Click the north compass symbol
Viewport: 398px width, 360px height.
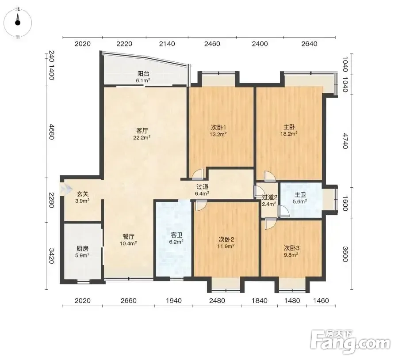coord(18,23)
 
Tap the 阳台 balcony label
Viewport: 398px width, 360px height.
coord(143,73)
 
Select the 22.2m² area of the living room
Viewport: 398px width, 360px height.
coord(142,137)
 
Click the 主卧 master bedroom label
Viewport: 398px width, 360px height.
coord(289,127)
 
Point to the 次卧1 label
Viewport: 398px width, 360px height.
coord(218,127)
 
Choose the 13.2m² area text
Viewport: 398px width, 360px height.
coord(218,134)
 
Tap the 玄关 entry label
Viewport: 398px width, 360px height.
coord(83,194)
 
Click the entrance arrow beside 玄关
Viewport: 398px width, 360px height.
coord(66,189)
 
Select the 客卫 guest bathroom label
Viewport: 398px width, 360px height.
coord(176,235)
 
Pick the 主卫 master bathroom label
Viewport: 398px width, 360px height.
coord(300,195)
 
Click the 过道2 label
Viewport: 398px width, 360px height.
coord(269,197)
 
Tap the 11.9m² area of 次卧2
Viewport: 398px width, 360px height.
coord(226,246)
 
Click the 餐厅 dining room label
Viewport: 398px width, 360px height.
coord(128,236)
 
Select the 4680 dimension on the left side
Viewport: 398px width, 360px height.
coord(52,132)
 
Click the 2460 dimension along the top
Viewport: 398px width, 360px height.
coord(212,44)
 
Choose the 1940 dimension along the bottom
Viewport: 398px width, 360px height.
coord(174,301)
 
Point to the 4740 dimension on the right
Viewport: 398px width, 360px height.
coord(345,141)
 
